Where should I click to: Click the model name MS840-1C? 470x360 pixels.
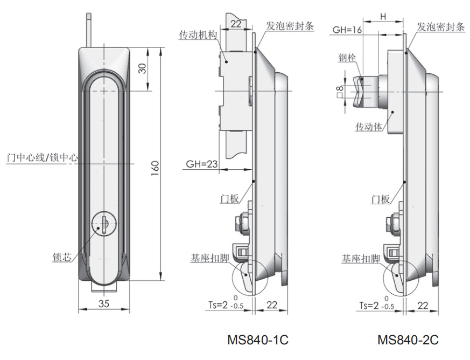coord(257,340)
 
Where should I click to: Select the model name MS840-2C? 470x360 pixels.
coord(408,340)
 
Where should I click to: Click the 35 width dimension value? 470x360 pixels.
coord(104,304)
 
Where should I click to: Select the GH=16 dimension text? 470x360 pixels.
coord(347,30)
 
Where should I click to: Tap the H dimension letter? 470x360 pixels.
coord(383,17)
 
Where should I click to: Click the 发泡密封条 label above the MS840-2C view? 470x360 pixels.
coord(441,27)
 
